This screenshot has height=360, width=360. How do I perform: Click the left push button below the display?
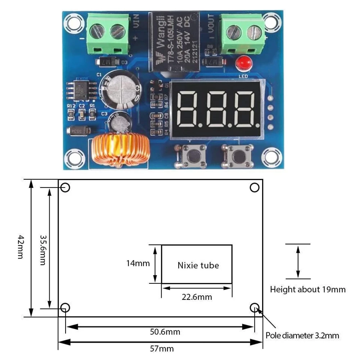click(191, 155)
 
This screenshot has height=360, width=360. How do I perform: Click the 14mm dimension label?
click(138, 263)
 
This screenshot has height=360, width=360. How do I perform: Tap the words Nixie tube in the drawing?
click(198, 265)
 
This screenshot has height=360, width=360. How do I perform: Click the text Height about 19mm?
click(308, 289)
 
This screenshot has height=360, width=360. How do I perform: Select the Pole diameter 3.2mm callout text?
click(302, 336)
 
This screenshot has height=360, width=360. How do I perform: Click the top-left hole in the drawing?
click(66, 188)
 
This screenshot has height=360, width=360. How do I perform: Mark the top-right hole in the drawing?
click(255, 188)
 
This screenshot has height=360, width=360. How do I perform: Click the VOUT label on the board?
click(211, 22)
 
